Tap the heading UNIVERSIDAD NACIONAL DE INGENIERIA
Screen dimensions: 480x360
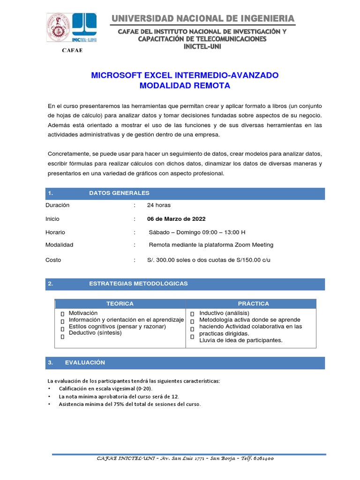(202, 18)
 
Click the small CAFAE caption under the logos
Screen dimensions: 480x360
(72, 50)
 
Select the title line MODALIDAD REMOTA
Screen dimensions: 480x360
(185, 86)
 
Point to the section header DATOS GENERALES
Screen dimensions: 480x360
(119, 193)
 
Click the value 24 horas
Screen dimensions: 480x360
(159, 205)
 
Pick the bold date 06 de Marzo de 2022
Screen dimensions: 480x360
(176, 219)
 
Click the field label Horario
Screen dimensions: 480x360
(55, 232)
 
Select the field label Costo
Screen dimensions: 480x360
(53, 260)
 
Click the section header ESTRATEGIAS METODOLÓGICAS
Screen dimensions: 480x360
(138, 284)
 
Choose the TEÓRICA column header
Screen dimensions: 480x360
(120, 304)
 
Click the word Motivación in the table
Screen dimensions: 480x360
(83, 313)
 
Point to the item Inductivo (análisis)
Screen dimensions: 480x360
(224, 313)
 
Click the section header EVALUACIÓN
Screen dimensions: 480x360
(85, 363)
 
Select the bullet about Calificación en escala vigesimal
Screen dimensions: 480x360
(105, 389)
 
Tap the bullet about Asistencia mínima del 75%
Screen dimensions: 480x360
(129, 404)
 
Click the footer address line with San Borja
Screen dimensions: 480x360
(185, 458)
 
